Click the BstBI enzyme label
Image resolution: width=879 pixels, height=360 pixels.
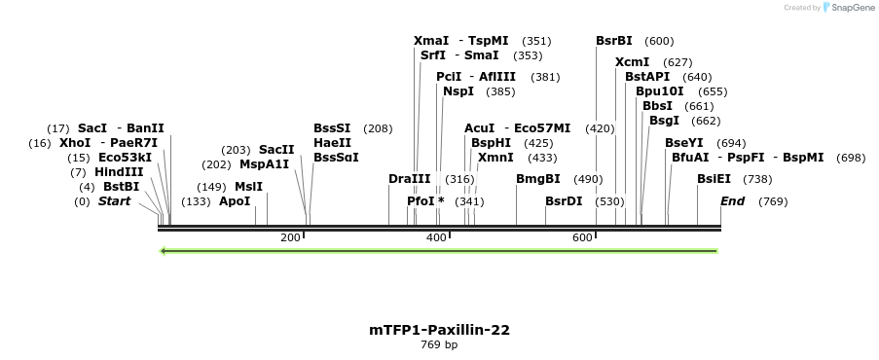point(121,187)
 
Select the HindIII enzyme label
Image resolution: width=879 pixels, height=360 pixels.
point(119,172)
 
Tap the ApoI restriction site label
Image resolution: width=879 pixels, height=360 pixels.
point(235,201)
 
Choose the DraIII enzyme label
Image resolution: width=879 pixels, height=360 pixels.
point(409,179)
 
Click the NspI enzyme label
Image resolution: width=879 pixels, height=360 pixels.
point(458,91)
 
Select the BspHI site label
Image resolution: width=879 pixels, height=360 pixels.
point(491,142)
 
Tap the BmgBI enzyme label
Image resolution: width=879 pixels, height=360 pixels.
point(537,179)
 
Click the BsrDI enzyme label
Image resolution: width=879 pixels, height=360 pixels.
point(564,201)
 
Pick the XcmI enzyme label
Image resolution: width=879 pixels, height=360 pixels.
point(633,62)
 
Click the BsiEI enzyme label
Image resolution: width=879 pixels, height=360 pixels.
point(714,179)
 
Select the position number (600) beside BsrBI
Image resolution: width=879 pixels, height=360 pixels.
point(659,41)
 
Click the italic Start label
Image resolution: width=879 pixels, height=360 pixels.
point(114,201)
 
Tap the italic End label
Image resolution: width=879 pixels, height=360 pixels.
point(732,201)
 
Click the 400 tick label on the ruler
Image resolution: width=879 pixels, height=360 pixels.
point(435,238)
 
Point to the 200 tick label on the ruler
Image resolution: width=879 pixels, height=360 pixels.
point(290,238)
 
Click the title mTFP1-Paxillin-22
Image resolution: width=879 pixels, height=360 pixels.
point(439,330)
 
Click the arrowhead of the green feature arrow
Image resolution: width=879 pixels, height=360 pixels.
point(164,251)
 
